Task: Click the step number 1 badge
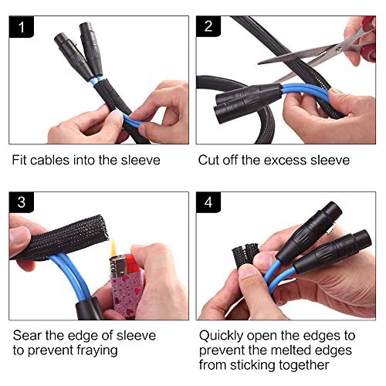[x=21, y=27]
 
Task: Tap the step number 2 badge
[x=208, y=27]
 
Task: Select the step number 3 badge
[x=22, y=202]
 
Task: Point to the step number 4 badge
[x=208, y=202]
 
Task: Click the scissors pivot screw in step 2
[x=340, y=49]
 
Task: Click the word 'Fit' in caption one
[x=19, y=160]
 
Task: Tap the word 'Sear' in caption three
[x=27, y=335]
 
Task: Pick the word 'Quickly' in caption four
[x=221, y=336]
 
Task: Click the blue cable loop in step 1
[x=132, y=120]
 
